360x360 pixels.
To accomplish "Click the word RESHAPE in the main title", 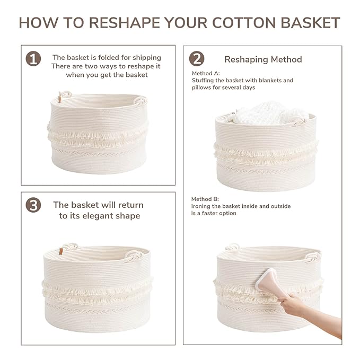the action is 124,23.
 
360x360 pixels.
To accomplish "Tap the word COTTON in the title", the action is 243,23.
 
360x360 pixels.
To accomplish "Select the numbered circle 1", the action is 33,59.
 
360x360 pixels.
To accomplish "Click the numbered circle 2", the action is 197,59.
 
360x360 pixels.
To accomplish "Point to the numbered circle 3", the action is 33,205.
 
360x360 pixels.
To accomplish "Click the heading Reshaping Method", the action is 263,59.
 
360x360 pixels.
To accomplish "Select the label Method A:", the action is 206,73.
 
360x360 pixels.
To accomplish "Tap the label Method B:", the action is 205,199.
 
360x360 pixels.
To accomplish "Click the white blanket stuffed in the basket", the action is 270,113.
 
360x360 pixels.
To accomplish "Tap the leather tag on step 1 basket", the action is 60,99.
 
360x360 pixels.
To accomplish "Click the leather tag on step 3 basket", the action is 61,251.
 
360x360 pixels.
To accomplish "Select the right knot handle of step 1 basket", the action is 141,101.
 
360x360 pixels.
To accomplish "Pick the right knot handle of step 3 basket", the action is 135,255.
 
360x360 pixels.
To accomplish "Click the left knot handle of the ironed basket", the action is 232,247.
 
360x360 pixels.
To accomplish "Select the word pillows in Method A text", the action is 200,87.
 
